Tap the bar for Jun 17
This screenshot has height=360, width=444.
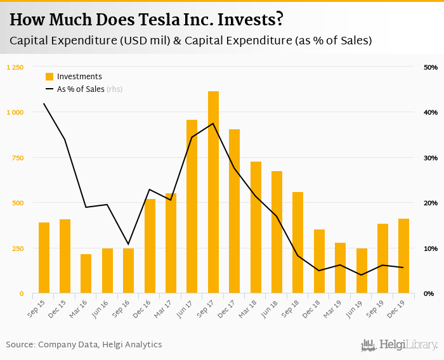click(x=192, y=207)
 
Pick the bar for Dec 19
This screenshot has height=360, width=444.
click(x=403, y=256)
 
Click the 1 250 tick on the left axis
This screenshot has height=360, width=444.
click(x=15, y=67)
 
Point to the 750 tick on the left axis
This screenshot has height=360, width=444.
click(x=17, y=158)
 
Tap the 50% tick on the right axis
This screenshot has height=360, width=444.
click(x=430, y=67)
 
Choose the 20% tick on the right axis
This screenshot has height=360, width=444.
click(x=430, y=203)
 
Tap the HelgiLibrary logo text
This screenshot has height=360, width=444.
click(x=408, y=345)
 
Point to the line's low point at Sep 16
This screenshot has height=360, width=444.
click(x=129, y=244)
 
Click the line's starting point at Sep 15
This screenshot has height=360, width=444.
click(x=44, y=103)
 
